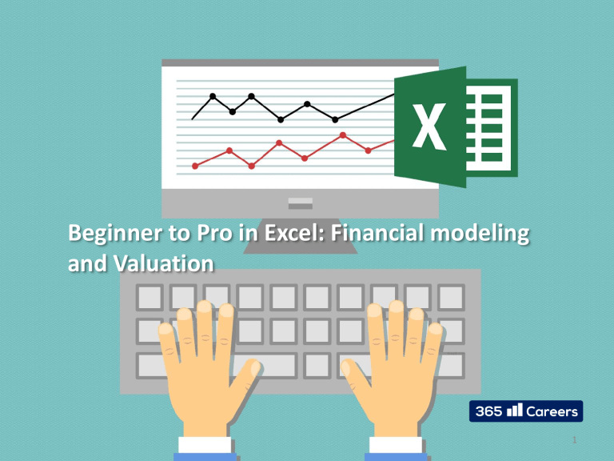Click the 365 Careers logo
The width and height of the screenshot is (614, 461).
click(524, 411)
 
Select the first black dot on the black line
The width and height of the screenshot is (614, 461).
click(213, 97)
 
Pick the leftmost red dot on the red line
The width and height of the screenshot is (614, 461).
click(195, 166)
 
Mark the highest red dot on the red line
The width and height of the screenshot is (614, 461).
click(343, 135)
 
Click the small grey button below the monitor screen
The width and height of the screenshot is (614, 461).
click(300, 201)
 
